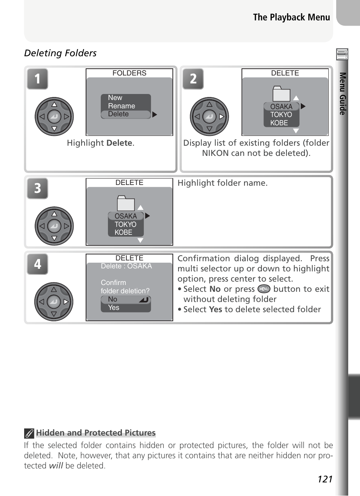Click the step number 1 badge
(x=37, y=79)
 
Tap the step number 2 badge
(x=193, y=79)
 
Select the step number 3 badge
(x=37, y=188)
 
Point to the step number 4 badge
(x=37, y=264)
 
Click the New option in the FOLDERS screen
(x=115, y=98)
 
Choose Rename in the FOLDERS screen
(x=122, y=106)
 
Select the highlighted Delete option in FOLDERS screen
(x=118, y=114)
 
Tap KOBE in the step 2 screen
(x=279, y=123)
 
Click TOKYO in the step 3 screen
(x=125, y=224)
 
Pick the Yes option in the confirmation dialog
(x=114, y=308)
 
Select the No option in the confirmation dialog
(x=113, y=299)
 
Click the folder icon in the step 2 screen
(x=281, y=94)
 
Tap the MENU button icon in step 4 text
(x=264, y=289)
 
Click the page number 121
(x=325, y=479)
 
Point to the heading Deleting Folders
(x=60, y=53)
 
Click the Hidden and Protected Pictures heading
(x=96, y=433)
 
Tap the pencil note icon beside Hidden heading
(x=29, y=433)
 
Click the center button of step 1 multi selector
(x=54, y=117)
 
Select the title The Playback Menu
(x=291, y=17)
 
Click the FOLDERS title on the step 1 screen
(x=129, y=73)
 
